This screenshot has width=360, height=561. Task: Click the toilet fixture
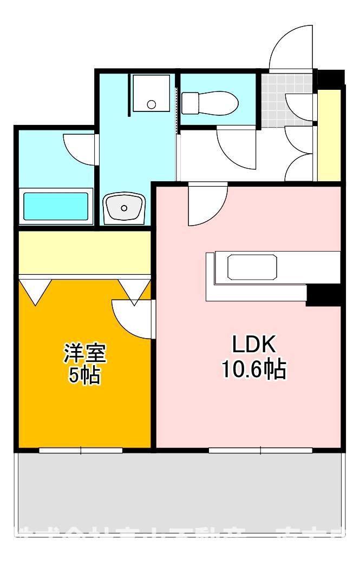coord(209,102)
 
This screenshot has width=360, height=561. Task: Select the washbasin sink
coord(124,207)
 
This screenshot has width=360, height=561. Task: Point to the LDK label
coord(254,344)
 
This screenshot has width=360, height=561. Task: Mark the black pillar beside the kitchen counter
coord(323,295)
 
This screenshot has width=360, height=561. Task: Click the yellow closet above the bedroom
coord(84,253)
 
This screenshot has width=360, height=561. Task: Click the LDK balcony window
coord(260,449)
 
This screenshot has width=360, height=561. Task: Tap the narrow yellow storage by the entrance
coord(329,135)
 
